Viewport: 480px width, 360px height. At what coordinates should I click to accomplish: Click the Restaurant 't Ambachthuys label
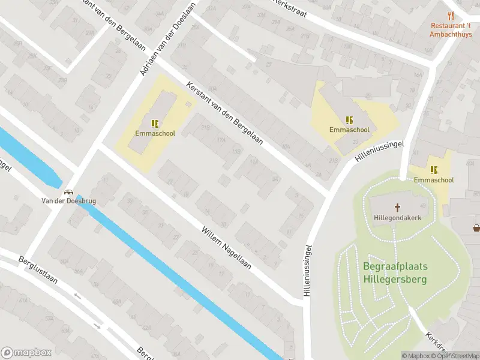(451, 29)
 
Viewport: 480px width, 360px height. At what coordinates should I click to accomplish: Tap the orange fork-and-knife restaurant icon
(451, 16)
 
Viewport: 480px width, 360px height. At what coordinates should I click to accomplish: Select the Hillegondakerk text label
(397, 217)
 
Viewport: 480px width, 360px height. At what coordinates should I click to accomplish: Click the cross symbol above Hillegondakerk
(397, 208)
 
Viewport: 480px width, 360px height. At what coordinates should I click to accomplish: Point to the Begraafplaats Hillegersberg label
(394, 272)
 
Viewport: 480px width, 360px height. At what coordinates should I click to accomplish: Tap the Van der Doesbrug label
(68, 201)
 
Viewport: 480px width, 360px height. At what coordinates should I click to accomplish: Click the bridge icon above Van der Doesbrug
(69, 192)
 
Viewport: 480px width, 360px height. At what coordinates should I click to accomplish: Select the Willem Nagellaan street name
(226, 247)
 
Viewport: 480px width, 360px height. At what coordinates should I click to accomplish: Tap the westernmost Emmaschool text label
(155, 133)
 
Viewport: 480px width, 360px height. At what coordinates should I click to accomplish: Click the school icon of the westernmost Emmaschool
(155, 124)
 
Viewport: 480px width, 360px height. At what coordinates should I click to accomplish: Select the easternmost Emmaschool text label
(433, 179)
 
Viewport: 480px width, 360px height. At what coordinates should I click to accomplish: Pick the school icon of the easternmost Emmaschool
(433, 170)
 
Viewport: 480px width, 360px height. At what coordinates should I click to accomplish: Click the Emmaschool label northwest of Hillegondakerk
(349, 129)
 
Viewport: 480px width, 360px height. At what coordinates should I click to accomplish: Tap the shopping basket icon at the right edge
(476, 227)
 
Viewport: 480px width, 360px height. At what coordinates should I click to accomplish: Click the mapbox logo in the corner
(26, 353)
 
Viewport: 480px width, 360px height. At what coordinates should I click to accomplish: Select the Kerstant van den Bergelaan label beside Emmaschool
(225, 113)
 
